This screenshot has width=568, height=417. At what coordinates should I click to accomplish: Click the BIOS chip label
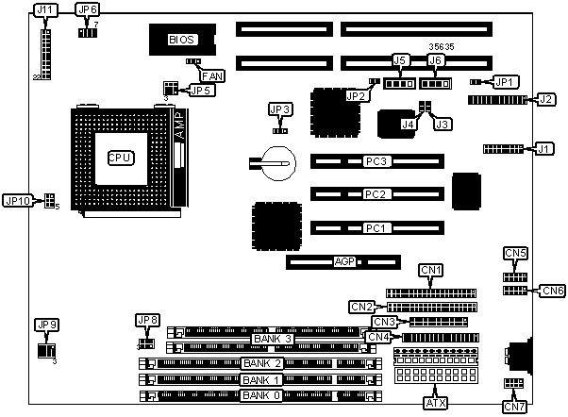pyautogui.click(x=181, y=40)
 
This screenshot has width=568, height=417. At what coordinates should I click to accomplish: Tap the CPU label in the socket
pyautogui.click(x=119, y=158)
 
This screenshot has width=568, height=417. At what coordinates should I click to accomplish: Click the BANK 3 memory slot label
pyautogui.click(x=272, y=338)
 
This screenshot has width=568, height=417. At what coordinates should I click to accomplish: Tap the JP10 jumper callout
pyautogui.click(x=19, y=200)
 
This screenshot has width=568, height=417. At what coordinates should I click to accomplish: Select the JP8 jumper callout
pyautogui.click(x=148, y=319)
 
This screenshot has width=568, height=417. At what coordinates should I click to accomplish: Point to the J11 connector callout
pyautogui.click(x=44, y=11)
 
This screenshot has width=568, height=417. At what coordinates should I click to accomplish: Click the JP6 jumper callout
pyautogui.click(x=87, y=11)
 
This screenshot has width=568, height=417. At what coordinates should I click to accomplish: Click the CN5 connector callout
pyautogui.click(x=515, y=253)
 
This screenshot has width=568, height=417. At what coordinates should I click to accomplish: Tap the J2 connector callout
pyautogui.click(x=545, y=98)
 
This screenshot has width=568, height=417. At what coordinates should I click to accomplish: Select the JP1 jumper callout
pyautogui.click(x=507, y=82)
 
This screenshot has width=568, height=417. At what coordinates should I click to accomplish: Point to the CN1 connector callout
pyautogui.click(x=431, y=271)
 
